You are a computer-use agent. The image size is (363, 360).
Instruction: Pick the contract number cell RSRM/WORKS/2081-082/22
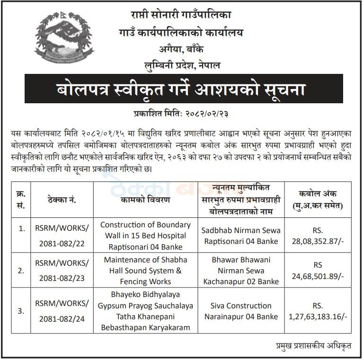pos(62,235)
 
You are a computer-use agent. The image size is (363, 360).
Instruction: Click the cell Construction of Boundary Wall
pos(145,235)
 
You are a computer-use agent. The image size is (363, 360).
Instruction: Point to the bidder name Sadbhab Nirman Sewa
pos(241,235)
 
